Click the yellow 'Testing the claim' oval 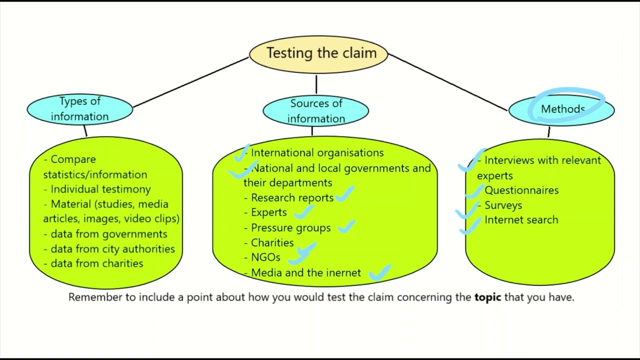(318, 53)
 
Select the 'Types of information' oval (80, 109)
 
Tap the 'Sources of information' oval (316, 110)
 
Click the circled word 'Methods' (562, 109)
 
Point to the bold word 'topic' (487, 297)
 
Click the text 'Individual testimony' (100, 189)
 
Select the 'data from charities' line (96, 263)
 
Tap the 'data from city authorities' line (112, 248)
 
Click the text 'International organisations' (317, 153)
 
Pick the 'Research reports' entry (292, 197)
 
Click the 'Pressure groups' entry (290, 228)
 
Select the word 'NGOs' (265, 257)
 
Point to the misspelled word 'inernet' (343, 272)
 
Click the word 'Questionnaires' (521, 190)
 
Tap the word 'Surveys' (503, 205)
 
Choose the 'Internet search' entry (521, 220)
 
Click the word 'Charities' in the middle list (272, 243)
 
